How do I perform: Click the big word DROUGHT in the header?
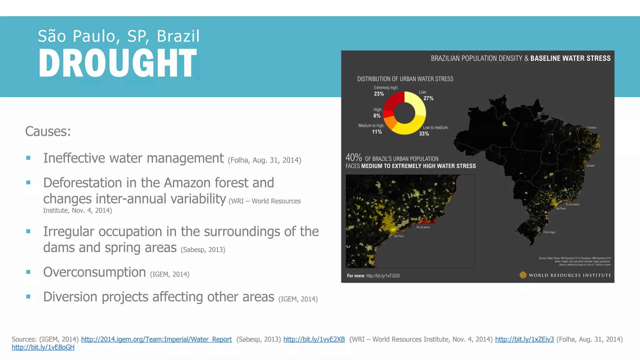coord(117,63)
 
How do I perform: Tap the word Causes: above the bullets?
coord(48,132)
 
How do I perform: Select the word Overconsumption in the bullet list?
coord(94,272)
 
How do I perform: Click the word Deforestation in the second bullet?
coord(83,183)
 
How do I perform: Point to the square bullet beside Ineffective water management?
coord(28,158)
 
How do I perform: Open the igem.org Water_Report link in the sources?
coord(156,339)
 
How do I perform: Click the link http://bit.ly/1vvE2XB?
coord(314,339)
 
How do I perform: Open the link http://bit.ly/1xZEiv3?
coord(524,339)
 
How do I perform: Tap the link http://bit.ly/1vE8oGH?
coord(43,347)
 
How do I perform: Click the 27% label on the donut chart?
coord(428,98)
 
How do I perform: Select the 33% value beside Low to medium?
coord(424,134)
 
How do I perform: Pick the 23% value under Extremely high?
coord(379,94)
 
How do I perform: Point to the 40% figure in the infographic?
coord(353,157)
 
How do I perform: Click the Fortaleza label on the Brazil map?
coord(592,128)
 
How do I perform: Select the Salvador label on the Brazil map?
coord(590,166)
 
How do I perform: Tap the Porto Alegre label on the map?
coord(549,232)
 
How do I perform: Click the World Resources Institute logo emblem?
coord(523,275)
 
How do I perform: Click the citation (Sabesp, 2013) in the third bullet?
coord(203,250)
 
